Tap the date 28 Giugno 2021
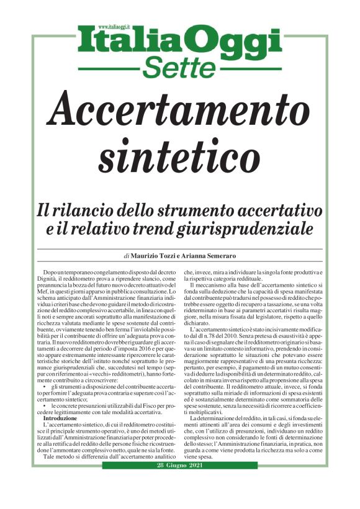[x=179, y=466]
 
